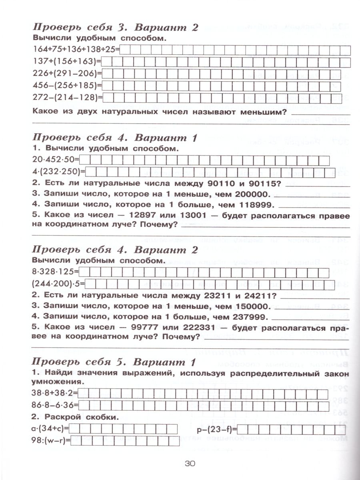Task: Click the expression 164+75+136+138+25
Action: (74, 50)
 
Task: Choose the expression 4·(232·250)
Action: (58, 172)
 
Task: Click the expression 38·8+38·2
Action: (55, 393)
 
